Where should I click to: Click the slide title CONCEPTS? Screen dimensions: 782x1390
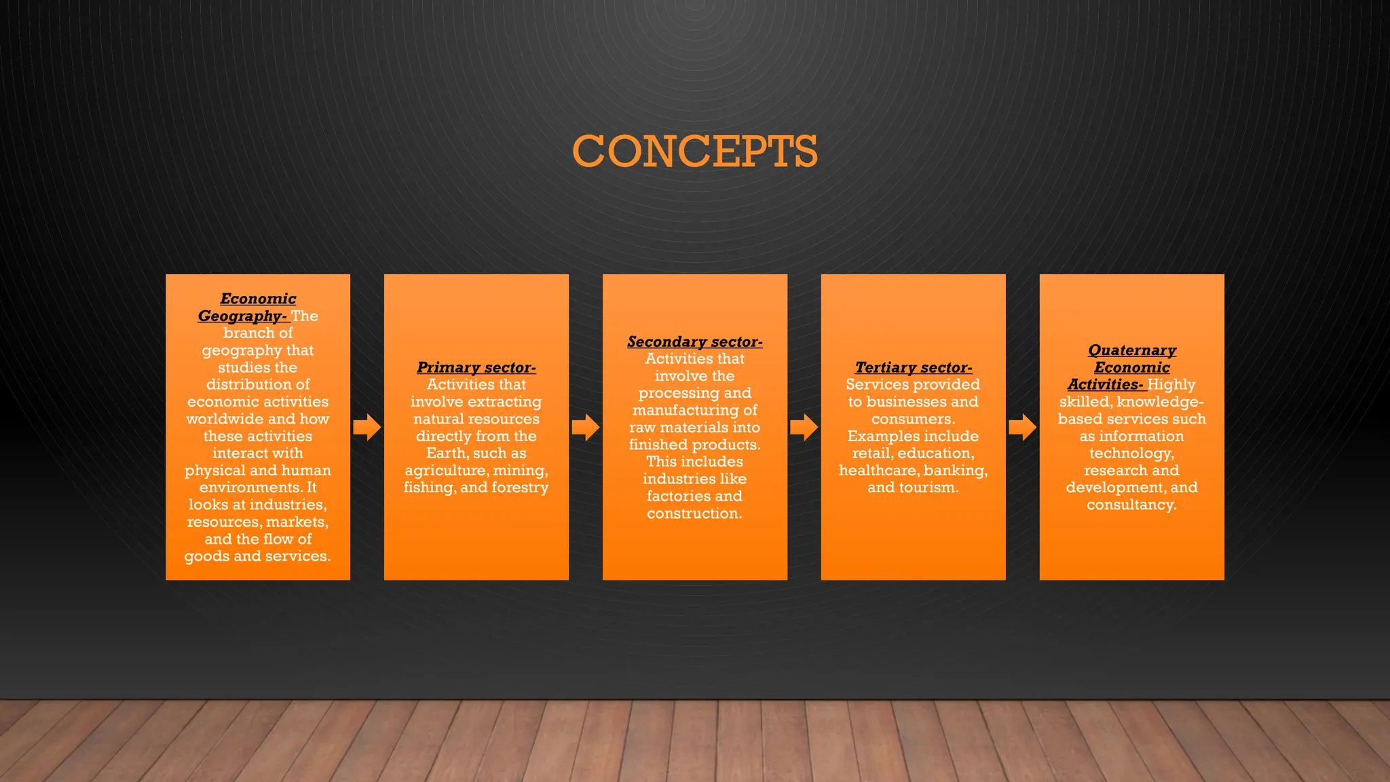pos(694,151)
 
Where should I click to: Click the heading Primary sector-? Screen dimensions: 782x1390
pos(476,367)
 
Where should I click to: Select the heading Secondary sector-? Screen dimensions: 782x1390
pos(694,341)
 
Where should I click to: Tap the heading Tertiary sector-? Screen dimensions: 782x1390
pos(913,367)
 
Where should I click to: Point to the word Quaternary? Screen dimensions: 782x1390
pos(1131,350)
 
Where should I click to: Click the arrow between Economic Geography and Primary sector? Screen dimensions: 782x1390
pos(367,427)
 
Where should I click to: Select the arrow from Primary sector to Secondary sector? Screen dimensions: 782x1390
pos(586,427)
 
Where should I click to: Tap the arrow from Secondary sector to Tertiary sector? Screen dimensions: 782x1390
pos(804,427)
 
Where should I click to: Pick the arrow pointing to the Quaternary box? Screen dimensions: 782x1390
pos(1023,427)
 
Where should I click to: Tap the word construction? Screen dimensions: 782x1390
pos(694,513)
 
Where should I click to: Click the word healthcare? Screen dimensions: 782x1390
pos(877,470)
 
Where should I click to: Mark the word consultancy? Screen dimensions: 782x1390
pos(1131,505)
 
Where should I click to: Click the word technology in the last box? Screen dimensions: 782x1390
pos(1131,453)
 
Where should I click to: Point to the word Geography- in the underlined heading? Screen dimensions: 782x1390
pos(242,316)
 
